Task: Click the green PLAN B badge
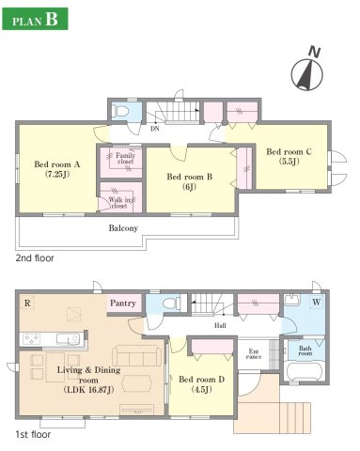[x=35, y=19]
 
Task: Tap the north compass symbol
[x=307, y=72]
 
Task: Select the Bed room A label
[x=57, y=169]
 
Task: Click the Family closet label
[x=125, y=159]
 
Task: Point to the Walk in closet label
[x=119, y=203]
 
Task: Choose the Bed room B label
[x=189, y=181]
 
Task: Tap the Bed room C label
[x=289, y=156]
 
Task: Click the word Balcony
[x=123, y=228]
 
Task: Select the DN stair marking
[x=155, y=129]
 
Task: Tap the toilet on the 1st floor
[x=171, y=303]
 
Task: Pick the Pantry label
[x=123, y=303]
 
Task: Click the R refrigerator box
[x=27, y=303]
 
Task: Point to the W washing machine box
[x=317, y=303]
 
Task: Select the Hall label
[x=220, y=325]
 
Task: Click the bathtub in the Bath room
[x=305, y=371]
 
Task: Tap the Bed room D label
[x=201, y=384]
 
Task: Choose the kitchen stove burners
[x=32, y=339]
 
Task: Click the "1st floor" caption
[x=33, y=435]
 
